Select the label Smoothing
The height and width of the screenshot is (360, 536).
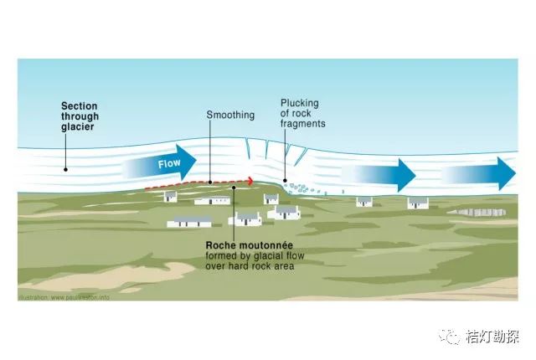click(230, 115)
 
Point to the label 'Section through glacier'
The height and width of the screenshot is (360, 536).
click(80, 116)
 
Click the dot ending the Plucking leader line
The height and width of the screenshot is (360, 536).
click(285, 179)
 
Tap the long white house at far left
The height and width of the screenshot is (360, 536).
click(189, 222)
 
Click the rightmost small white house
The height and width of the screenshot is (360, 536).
click(417, 203)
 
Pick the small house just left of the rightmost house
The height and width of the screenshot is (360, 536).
click(363, 202)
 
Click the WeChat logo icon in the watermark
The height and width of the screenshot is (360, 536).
click(452, 337)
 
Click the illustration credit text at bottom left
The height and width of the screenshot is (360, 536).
click(62, 296)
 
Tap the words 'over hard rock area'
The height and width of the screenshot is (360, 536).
click(249, 266)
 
